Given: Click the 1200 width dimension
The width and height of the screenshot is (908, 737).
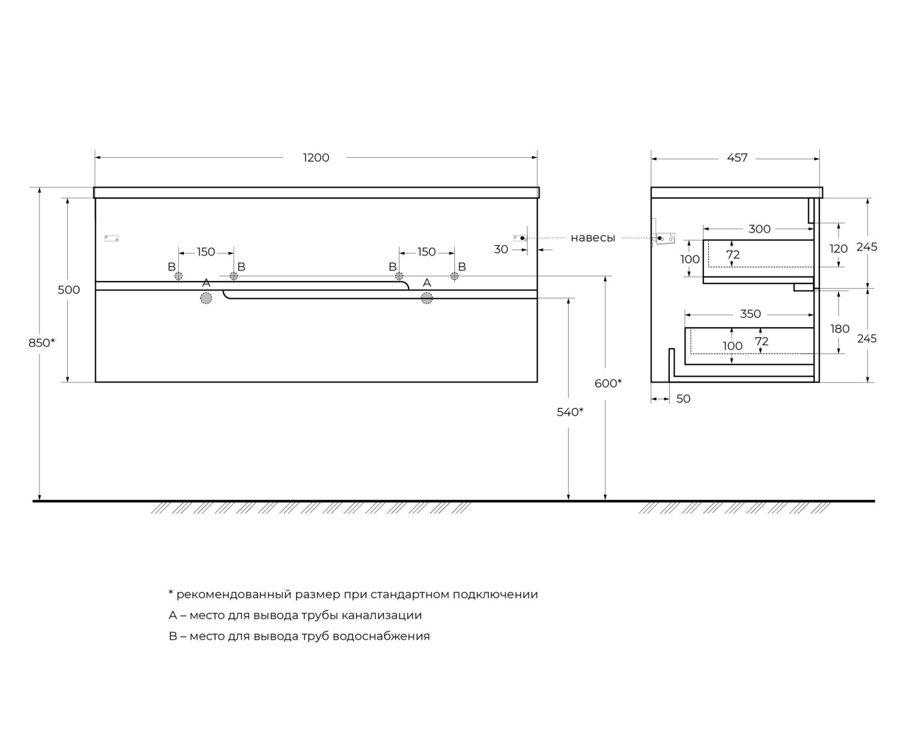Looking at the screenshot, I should [x=316, y=157].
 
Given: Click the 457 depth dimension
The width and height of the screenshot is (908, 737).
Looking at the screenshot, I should [x=737, y=158].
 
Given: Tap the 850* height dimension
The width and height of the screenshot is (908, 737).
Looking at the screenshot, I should [x=42, y=342].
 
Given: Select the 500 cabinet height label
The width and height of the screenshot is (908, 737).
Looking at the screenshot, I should [x=69, y=290].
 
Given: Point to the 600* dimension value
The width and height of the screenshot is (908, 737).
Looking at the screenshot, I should [x=608, y=383].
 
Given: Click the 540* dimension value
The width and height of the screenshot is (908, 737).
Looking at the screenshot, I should [x=570, y=412].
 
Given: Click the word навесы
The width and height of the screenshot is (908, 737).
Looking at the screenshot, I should [x=593, y=238].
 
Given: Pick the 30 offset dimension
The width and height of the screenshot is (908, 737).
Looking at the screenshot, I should [x=501, y=249].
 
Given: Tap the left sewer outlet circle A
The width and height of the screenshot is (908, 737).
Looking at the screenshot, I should [x=206, y=298].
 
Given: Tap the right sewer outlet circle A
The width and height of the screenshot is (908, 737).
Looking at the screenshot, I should [x=427, y=298].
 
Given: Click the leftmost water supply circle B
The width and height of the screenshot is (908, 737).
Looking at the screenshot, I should [x=178, y=276].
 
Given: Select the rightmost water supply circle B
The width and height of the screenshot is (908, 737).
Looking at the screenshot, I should [x=454, y=276].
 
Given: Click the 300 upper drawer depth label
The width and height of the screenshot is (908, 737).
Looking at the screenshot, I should [x=760, y=229].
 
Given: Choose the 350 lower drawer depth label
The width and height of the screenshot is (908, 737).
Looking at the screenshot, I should [x=751, y=314].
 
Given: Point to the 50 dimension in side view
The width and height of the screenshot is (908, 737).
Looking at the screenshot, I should [x=683, y=399].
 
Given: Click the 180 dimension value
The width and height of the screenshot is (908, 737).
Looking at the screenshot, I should [x=840, y=329].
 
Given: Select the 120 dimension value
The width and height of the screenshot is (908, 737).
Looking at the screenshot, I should [x=838, y=249].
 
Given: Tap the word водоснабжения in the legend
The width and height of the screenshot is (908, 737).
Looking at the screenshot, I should [x=381, y=636].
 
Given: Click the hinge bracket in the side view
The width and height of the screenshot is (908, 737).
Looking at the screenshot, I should [x=665, y=238].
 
